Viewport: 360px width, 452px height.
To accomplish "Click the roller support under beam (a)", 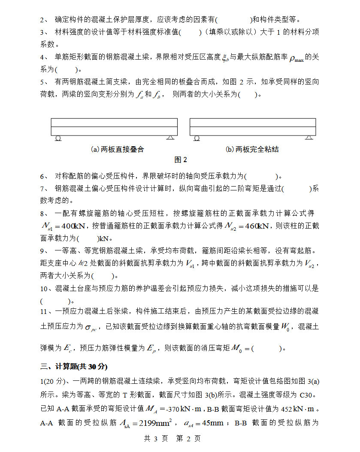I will [58, 138].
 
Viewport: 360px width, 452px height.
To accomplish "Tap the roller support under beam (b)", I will [197, 138].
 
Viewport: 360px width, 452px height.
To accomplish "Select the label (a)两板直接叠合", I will [117, 149].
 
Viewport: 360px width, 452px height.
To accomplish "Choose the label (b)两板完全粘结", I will [252, 149].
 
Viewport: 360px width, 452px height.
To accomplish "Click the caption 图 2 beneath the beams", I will [181, 160].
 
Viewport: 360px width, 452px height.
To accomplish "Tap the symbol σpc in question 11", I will [91, 328].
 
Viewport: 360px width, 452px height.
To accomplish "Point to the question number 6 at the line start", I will [43, 176].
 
